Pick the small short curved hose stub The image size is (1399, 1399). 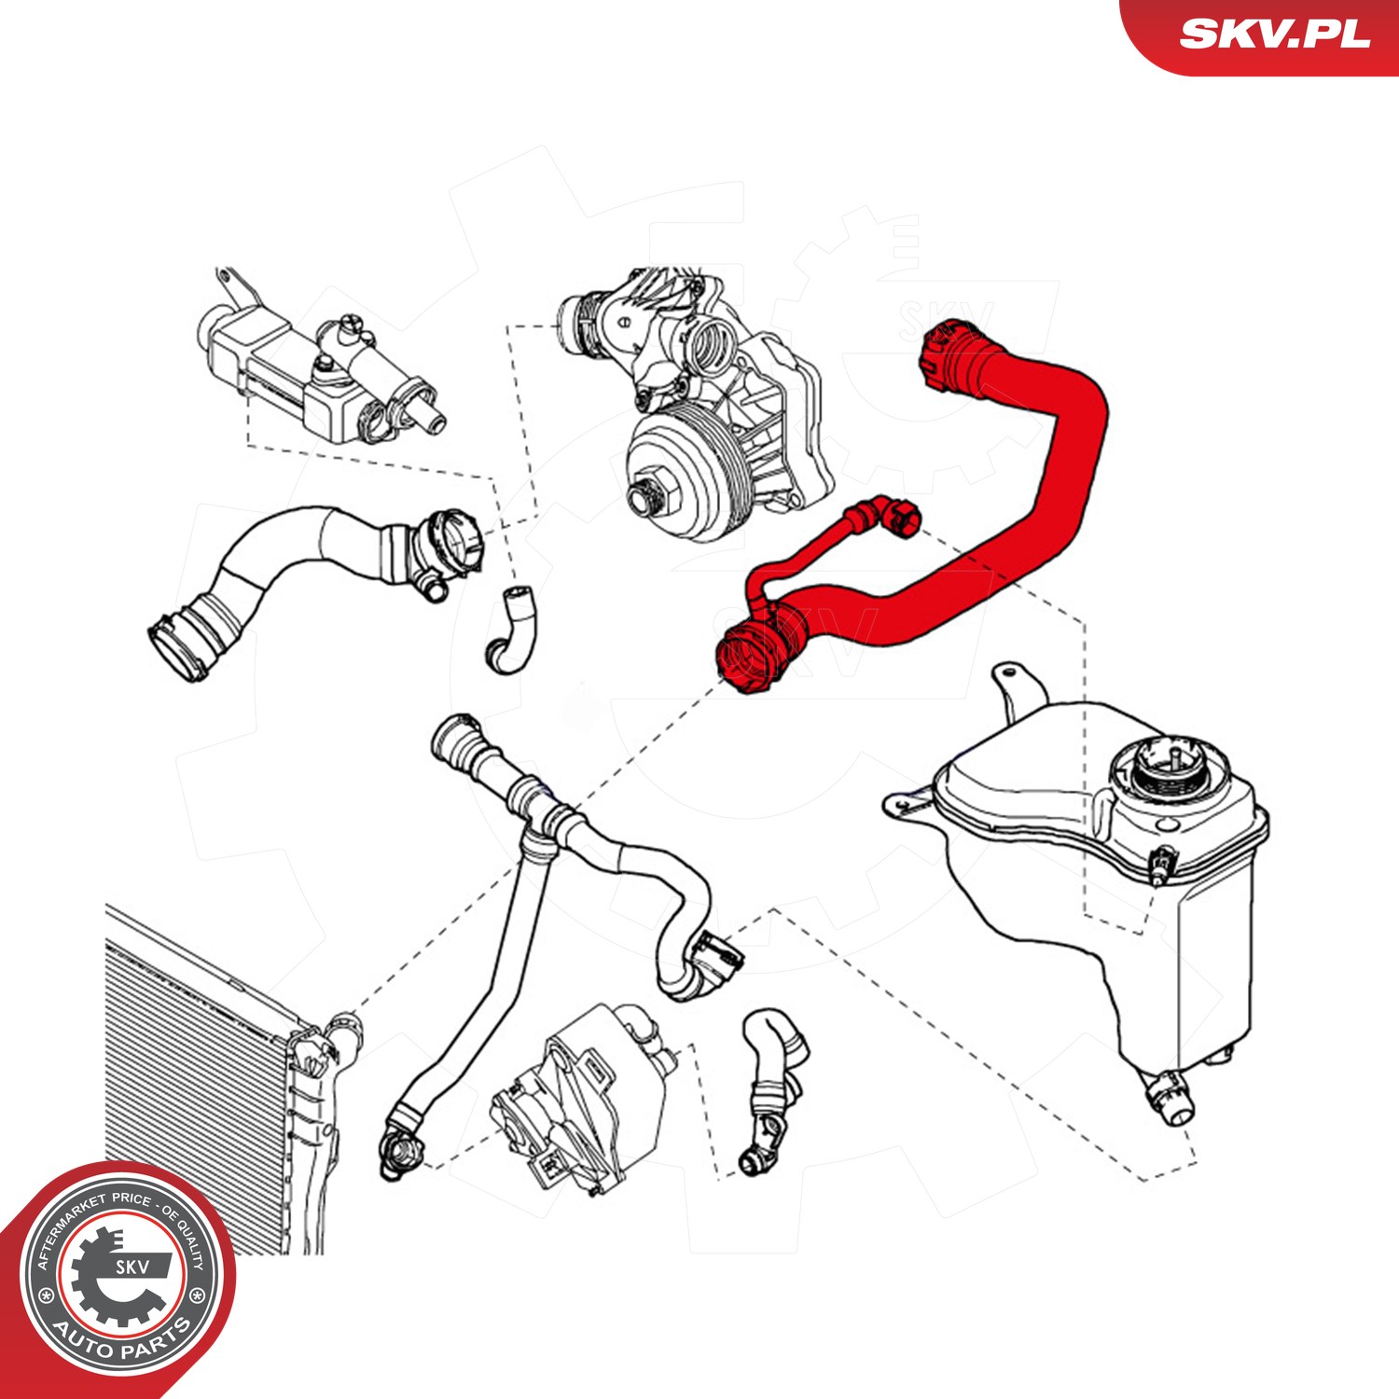(x=510, y=629)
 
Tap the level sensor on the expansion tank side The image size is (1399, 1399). (x=1162, y=864)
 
